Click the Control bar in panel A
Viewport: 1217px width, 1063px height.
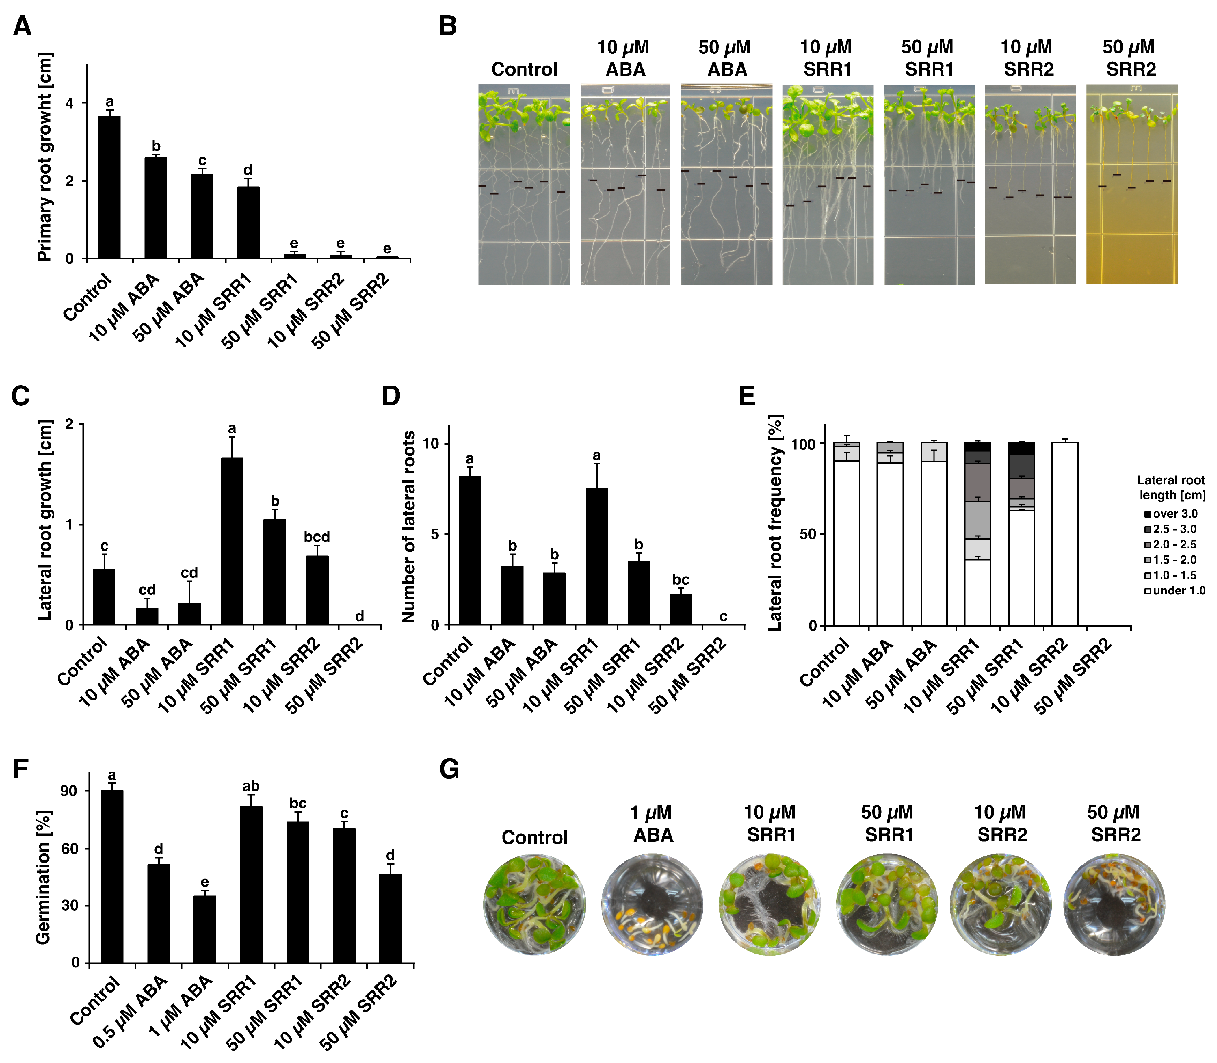pyautogui.click(x=109, y=188)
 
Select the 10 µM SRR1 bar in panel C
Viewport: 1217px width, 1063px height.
pyautogui.click(x=232, y=541)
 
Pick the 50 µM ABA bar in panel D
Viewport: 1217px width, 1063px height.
pyautogui.click(x=554, y=599)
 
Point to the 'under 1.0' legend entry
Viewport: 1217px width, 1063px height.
pyautogui.click(x=1174, y=590)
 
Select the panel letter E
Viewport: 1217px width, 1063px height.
pyautogui.click(x=747, y=396)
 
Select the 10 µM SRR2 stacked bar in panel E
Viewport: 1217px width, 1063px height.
pyautogui.click(x=1065, y=534)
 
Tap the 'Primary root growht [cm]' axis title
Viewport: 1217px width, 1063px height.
pyautogui.click(x=45, y=157)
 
